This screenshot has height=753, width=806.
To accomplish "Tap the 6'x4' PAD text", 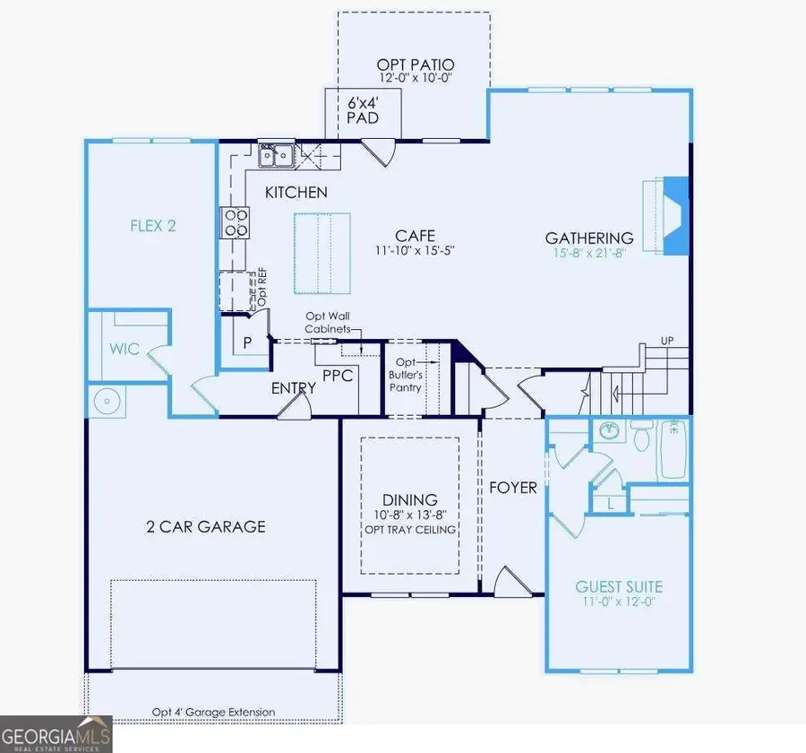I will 362,109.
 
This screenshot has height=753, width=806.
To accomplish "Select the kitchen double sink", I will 277,157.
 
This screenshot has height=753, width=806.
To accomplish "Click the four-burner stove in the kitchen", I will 236,221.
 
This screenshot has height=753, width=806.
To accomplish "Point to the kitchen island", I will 321,253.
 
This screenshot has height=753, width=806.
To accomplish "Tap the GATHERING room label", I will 590,238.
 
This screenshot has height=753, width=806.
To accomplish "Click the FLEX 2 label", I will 152,225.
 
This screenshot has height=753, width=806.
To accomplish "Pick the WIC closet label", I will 125,348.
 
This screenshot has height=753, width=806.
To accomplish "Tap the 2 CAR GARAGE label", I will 207,526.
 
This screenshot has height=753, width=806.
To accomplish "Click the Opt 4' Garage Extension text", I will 213,713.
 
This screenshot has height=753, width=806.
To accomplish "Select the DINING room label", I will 410,499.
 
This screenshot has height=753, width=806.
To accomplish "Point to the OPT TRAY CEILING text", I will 410,530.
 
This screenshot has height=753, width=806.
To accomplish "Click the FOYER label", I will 512,488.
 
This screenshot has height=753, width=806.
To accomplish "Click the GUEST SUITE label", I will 619,587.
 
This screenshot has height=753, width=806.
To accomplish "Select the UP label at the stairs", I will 666,342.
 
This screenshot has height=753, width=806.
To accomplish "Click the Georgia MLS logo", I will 56,733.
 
